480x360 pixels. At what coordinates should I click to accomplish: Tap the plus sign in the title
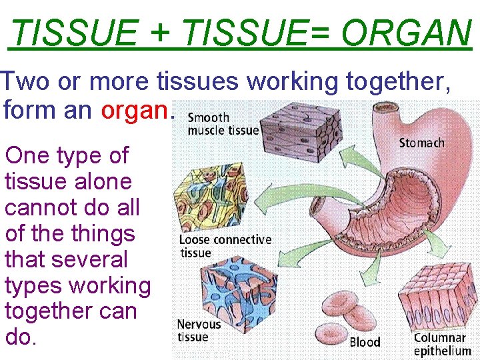160,32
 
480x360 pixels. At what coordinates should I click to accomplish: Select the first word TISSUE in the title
75,32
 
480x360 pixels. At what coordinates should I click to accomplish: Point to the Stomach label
421,143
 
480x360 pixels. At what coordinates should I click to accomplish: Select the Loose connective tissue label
225,246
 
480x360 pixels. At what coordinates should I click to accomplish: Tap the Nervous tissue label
198,331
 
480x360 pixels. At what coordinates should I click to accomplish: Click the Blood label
365,342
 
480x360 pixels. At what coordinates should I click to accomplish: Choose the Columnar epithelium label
441,344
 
